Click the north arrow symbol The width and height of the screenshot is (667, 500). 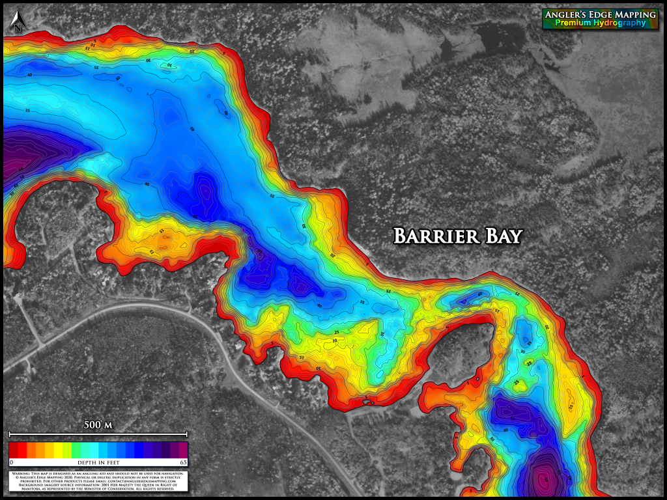click(x=18, y=23)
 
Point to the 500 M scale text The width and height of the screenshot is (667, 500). click(x=98, y=425)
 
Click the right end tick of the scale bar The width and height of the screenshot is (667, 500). click(x=187, y=434)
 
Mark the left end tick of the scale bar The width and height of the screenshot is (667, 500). click(x=9, y=434)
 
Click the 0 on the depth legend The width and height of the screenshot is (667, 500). click(x=12, y=462)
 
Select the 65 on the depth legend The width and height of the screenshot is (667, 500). click(x=183, y=462)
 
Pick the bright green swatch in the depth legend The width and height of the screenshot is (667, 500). click(x=76, y=450)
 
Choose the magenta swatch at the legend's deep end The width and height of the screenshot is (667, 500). click(x=183, y=450)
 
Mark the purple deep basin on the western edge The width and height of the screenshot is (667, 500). click(x=26, y=153)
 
